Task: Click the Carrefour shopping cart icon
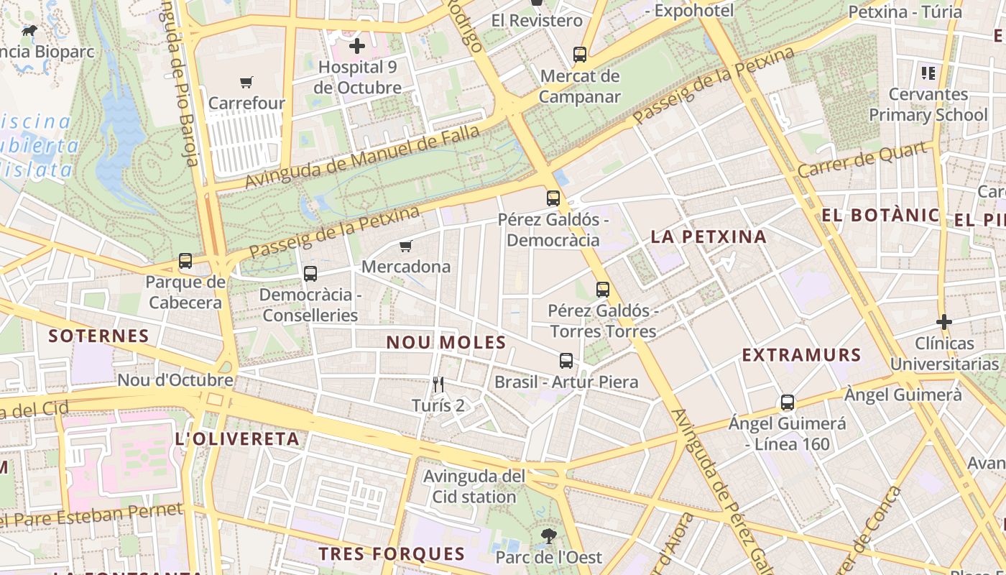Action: click(246, 82)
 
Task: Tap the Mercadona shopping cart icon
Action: click(406, 247)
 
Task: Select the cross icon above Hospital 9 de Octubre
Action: click(357, 47)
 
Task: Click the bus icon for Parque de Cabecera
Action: click(185, 261)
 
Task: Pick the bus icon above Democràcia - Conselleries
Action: click(310, 274)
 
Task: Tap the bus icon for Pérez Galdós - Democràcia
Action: click(553, 198)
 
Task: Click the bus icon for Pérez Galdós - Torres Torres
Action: click(603, 290)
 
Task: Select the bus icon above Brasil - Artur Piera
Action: click(566, 361)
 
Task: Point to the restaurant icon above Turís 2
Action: click(438, 385)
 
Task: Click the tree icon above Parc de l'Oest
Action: click(548, 536)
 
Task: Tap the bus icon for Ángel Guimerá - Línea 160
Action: click(788, 402)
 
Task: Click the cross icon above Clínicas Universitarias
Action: click(944, 322)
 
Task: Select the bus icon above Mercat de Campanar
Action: click(579, 55)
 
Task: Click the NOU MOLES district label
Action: click(446, 343)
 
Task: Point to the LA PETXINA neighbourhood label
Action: click(709, 236)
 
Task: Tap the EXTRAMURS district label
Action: click(801, 355)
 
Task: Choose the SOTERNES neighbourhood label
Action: click(98, 336)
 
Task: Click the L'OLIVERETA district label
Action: click(237, 439)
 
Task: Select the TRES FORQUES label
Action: click(392, 553)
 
